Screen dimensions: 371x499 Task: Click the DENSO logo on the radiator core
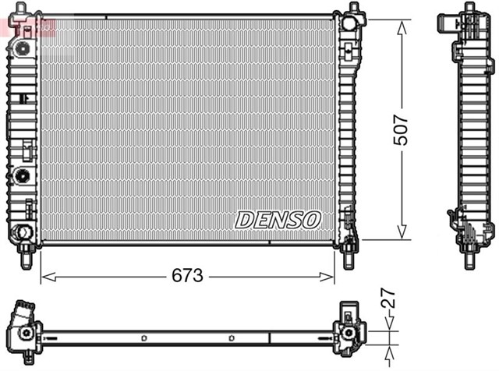(278, 221)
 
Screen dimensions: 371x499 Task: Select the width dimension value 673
(188, 276)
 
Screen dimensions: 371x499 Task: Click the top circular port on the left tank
(24, 47)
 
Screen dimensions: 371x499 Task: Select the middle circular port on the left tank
(23, 174)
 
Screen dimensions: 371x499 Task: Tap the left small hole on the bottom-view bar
(145, 337)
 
